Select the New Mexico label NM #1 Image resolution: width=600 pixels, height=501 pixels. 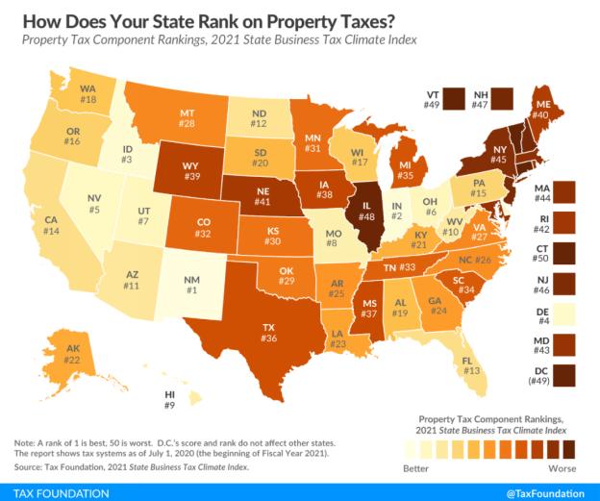point(191,285)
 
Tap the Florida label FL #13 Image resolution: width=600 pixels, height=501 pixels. point(471,365)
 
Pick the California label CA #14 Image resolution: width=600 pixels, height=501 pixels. point(54,226)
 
